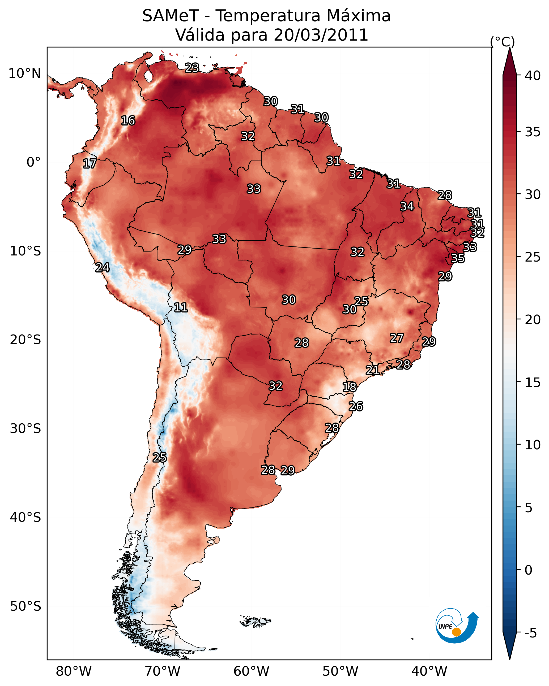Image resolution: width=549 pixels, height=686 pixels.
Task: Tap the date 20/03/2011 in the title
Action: (321, 35)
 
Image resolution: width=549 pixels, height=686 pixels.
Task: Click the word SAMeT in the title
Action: (171, 16)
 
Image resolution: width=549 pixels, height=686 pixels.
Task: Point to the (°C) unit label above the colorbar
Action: (502, 42)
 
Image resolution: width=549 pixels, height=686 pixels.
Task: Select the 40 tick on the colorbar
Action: (533, 76)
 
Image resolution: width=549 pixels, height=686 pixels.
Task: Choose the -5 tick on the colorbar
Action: (530, 633)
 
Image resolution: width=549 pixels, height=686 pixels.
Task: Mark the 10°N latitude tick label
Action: (24, 73)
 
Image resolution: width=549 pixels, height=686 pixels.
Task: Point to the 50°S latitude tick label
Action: (25, 606)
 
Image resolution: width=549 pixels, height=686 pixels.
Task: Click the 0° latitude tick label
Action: (33, 162)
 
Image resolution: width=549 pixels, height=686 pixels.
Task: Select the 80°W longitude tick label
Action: (74, 671)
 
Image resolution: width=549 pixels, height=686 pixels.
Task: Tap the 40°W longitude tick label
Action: (429, 671)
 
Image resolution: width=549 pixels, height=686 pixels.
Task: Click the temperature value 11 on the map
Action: (181, 307)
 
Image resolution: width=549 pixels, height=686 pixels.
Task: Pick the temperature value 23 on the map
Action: (192, 68)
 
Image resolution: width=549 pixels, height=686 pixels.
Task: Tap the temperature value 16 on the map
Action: (128, 121)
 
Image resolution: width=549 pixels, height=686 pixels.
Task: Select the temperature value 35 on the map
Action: (458, 258)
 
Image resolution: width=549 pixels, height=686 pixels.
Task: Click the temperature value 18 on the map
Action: (350, 387)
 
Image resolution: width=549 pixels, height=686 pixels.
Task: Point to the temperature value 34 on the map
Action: (407, 206)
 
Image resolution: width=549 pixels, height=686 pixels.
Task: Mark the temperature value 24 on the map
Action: (103, 268)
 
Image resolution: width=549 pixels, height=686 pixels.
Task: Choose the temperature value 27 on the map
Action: (397, 338)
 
